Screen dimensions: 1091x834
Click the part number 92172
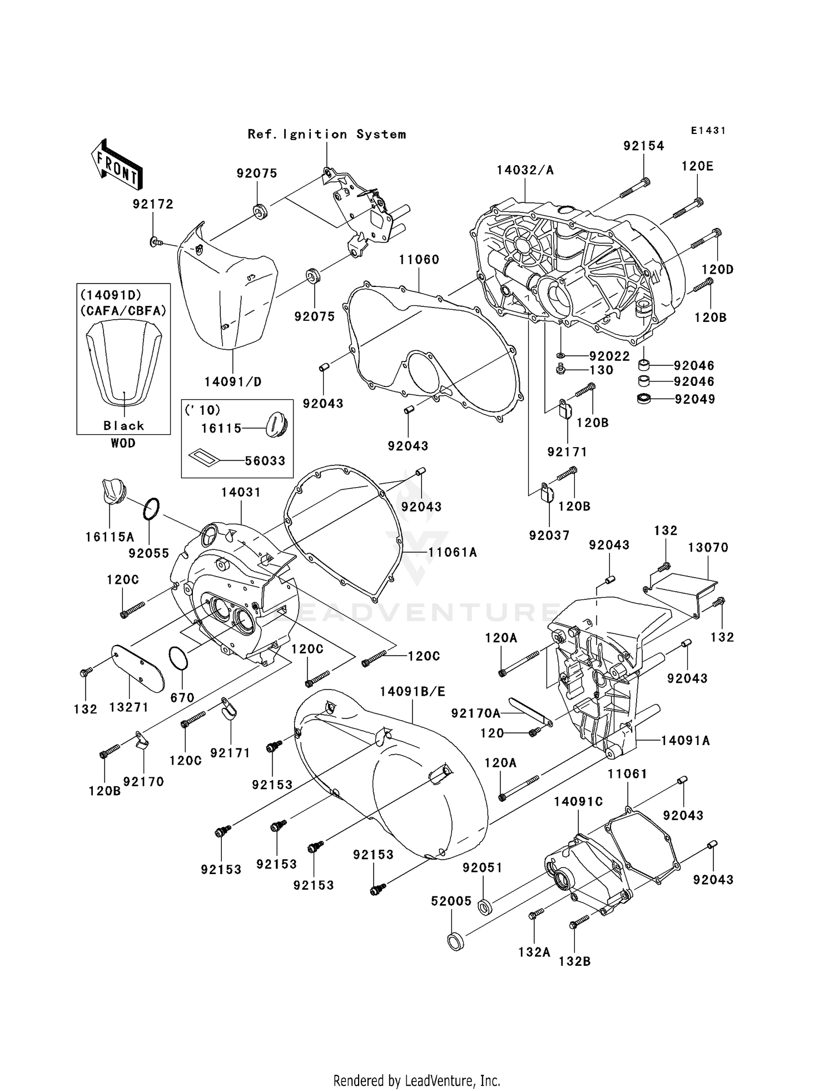(x=153, y=204)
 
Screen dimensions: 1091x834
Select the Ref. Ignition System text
(x=326, y=134)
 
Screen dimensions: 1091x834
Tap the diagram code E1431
(x=708, y=130)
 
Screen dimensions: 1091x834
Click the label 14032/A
(x=525, y=170)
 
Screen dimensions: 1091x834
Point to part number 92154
(x=643, y=146)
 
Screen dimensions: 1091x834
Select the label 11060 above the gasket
(x=419, y=260)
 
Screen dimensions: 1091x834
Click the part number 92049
(x=694, y=399)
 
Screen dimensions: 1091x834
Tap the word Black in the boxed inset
(x=123, y=425)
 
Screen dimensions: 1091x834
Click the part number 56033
(x=265, y=460)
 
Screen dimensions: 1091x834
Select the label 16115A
(x=110, y=537)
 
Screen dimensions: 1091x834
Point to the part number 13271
(x=128, y=707)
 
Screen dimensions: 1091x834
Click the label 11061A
(x=453, y=552)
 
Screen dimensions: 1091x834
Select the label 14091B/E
(x=413, y=691)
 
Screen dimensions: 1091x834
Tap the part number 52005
(x=451, y=901)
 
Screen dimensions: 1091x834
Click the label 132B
(x=574, y=961)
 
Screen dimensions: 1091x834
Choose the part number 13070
(x=708, y=547)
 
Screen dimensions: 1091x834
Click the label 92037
(x=549, y=535)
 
